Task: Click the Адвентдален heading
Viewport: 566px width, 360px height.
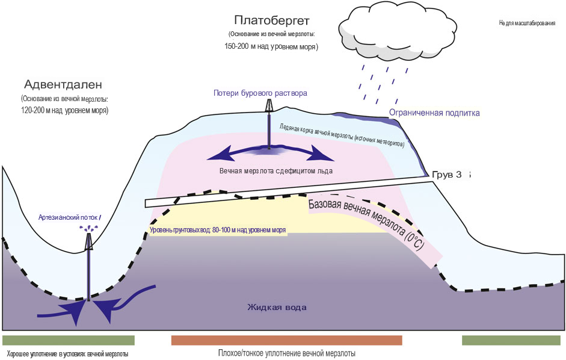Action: [64, 84]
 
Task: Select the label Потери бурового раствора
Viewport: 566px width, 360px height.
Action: [260, 93]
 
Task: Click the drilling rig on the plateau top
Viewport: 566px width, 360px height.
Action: [269, 106]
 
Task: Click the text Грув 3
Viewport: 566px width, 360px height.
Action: [447, 175]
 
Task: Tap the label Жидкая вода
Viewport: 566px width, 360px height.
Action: [277, 308]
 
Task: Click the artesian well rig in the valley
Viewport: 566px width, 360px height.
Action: [90, 241]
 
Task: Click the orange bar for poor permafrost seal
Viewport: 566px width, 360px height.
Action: [286, 340]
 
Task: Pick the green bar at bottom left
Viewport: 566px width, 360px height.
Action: [68, 340]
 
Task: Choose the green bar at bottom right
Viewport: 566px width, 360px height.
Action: [512, 340]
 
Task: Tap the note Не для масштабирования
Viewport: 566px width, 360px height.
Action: [527, 23]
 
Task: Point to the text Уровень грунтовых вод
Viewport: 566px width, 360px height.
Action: [217, 230]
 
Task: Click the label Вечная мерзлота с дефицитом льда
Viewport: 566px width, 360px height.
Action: [276, 171]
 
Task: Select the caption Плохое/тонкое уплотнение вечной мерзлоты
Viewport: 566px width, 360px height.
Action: [286, 353]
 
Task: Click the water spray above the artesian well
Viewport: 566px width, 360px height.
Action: [90, 228]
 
